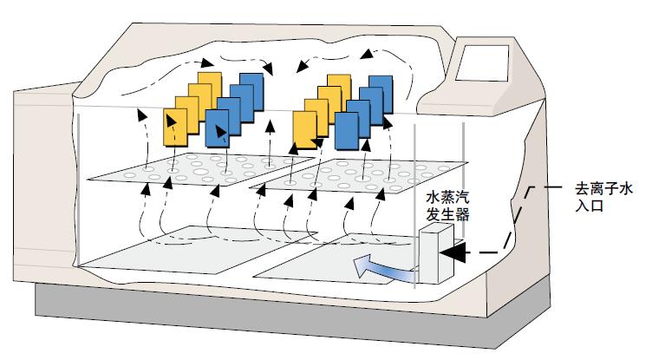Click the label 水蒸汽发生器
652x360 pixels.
click(448, 206)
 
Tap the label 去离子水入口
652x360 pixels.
click(603, 197)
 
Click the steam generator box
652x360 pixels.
click(436, 253)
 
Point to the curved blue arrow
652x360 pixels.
click(381, 267)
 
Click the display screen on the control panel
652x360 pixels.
click(482, 62)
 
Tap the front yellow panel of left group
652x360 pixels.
click(175, 128)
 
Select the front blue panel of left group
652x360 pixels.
click(217, 128)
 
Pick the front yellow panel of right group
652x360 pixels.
click(305, 130)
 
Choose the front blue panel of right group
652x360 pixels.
click(347, 131)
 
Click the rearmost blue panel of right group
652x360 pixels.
click(381, 94)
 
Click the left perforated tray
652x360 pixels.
click(200, 169)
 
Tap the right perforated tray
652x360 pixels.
click(359, 175)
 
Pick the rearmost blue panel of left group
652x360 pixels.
click(252, 92)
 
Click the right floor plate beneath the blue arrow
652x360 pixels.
click(333, 259)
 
